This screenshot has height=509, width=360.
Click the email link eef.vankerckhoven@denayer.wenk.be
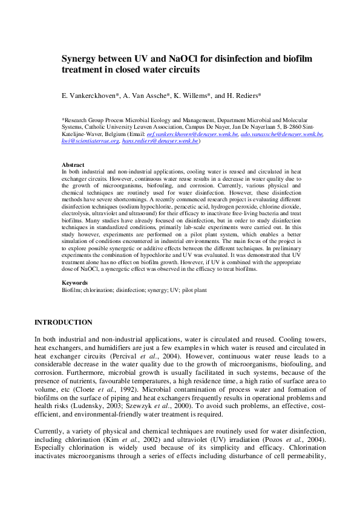pos(209,134)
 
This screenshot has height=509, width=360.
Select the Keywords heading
pos(75,283)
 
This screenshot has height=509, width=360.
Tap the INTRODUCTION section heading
pos(64,322)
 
